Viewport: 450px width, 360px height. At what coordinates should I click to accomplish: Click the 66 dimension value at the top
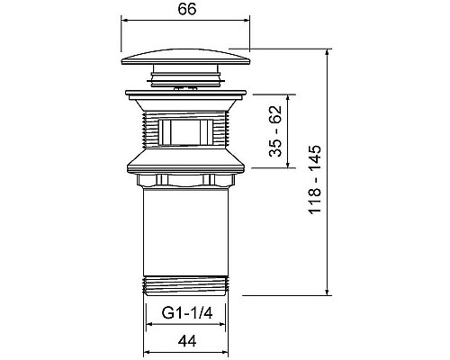coord(187,9)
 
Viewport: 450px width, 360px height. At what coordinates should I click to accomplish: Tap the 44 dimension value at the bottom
coord(187,341)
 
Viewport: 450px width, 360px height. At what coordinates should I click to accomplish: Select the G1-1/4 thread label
coord(187,313)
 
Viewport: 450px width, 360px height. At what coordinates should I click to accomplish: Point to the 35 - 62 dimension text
coord(275,131)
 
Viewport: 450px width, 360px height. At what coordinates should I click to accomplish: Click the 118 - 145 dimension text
coord(315,179)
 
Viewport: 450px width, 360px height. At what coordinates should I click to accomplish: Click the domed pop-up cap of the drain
coord(185,57)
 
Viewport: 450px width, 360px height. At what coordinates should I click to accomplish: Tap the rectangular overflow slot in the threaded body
coord(185,132)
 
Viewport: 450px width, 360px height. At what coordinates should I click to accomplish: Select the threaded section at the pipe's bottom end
coord(185,286)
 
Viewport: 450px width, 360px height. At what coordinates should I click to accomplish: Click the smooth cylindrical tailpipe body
coord(185,231)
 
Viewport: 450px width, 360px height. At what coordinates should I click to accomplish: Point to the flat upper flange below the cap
coord(185,94)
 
